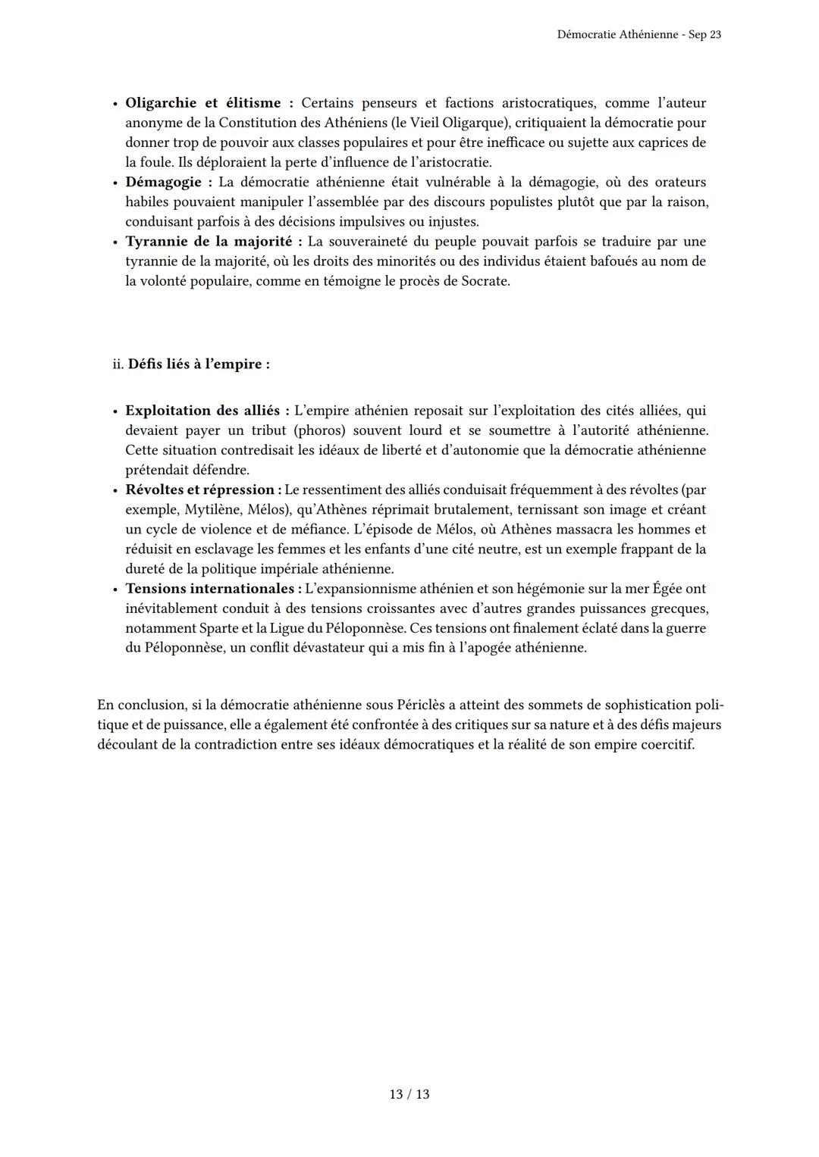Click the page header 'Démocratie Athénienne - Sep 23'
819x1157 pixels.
639,35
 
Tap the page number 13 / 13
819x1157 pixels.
409,1094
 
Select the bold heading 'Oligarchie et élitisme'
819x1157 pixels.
202,103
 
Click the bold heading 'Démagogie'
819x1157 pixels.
163,182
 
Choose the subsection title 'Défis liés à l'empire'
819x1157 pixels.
198,364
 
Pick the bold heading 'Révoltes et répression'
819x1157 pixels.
199,489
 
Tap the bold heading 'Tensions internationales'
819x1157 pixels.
209,589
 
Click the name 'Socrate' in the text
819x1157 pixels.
485,281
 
